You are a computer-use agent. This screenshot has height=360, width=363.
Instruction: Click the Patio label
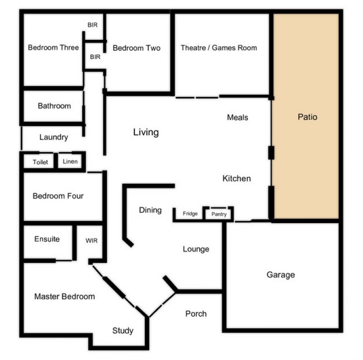307,117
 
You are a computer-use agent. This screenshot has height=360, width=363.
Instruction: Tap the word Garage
280,275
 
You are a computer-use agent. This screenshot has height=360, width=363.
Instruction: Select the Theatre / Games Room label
219,48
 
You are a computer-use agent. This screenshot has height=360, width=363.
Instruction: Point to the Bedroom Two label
137,48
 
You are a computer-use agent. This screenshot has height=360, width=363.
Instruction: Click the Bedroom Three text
53,48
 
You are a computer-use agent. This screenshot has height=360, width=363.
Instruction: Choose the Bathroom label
54,106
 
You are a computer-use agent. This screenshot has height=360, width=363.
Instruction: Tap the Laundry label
54,137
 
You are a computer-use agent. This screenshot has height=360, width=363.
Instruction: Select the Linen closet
70,161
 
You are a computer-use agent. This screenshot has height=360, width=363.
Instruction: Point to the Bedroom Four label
58,196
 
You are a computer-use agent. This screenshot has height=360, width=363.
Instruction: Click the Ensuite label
47,239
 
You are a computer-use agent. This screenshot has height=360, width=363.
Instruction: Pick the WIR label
92,241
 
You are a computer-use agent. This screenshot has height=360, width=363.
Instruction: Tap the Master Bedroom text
64,297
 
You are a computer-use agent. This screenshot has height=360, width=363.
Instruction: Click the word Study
123,331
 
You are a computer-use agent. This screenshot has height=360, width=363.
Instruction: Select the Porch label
196,314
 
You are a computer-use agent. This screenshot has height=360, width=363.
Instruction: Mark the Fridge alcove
189,214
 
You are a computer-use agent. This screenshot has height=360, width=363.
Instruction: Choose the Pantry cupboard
219,214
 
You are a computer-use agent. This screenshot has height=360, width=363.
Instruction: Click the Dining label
150,210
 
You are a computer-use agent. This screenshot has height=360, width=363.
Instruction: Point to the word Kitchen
236,178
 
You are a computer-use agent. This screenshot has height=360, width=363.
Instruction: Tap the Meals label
237,117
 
